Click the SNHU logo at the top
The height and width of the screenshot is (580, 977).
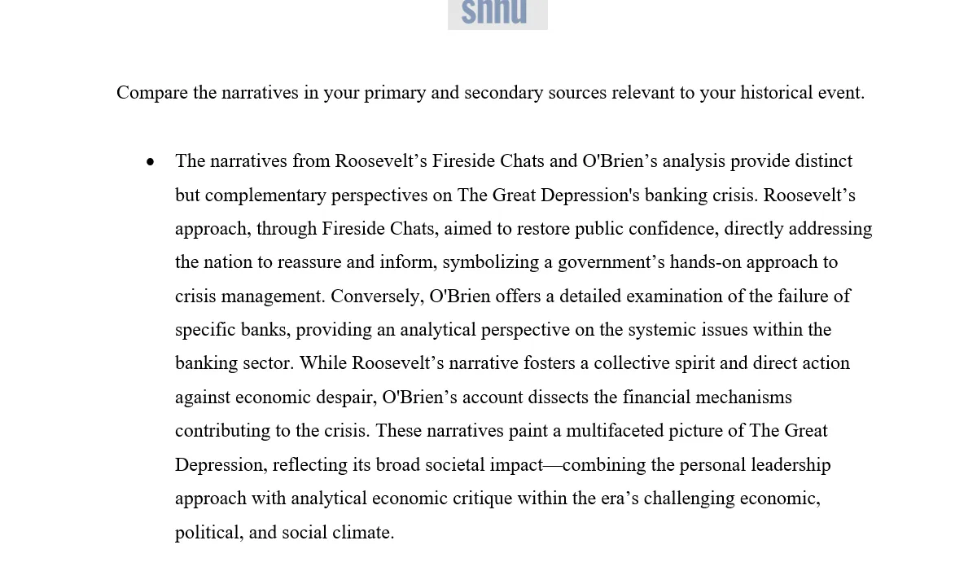pos(497,14)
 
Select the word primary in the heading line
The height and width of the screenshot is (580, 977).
pos(395,93)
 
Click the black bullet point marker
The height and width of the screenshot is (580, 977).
pos(151,162)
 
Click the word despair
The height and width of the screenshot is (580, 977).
pos(348,398)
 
